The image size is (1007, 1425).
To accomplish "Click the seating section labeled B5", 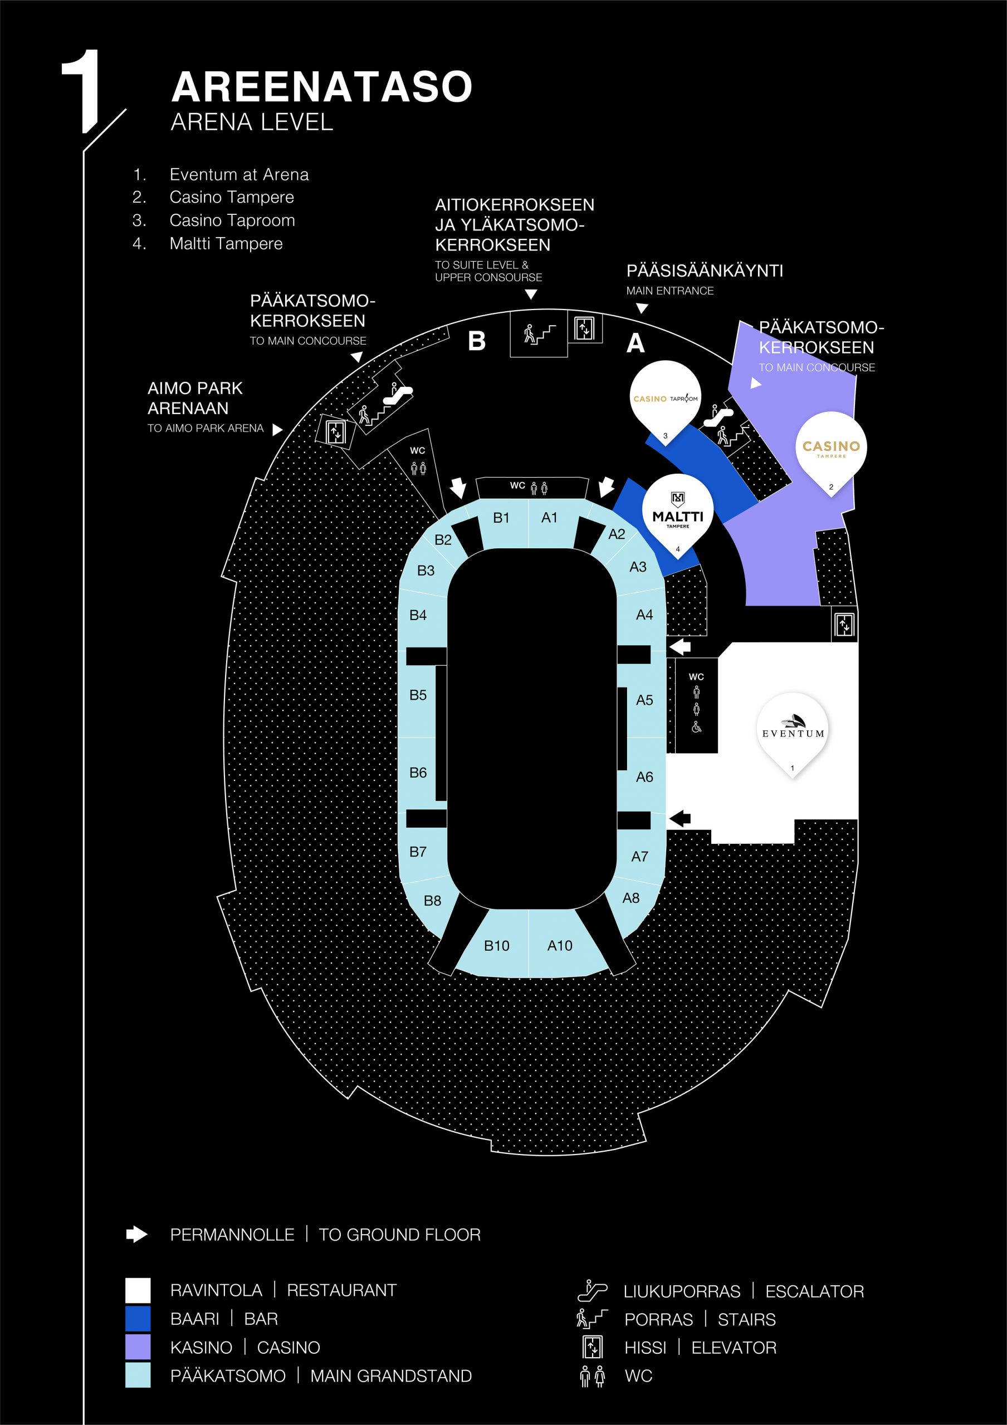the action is (418, 695).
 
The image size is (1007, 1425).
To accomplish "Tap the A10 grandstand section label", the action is (559, 945).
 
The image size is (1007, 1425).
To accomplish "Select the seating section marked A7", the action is (639, 857).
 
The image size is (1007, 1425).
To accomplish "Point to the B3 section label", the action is (426, 571).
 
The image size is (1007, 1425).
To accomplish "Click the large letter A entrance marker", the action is (635, 343).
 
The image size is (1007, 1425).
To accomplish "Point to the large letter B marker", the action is (477, 341).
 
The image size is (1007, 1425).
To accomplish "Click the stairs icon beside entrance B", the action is (539, 334).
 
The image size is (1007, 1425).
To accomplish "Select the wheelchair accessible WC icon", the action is (697, 727).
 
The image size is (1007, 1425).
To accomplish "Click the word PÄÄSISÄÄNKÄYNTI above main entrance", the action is (705, 271).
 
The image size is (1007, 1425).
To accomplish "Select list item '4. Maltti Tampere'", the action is (207, 243).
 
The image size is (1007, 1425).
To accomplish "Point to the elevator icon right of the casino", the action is (844, 625).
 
